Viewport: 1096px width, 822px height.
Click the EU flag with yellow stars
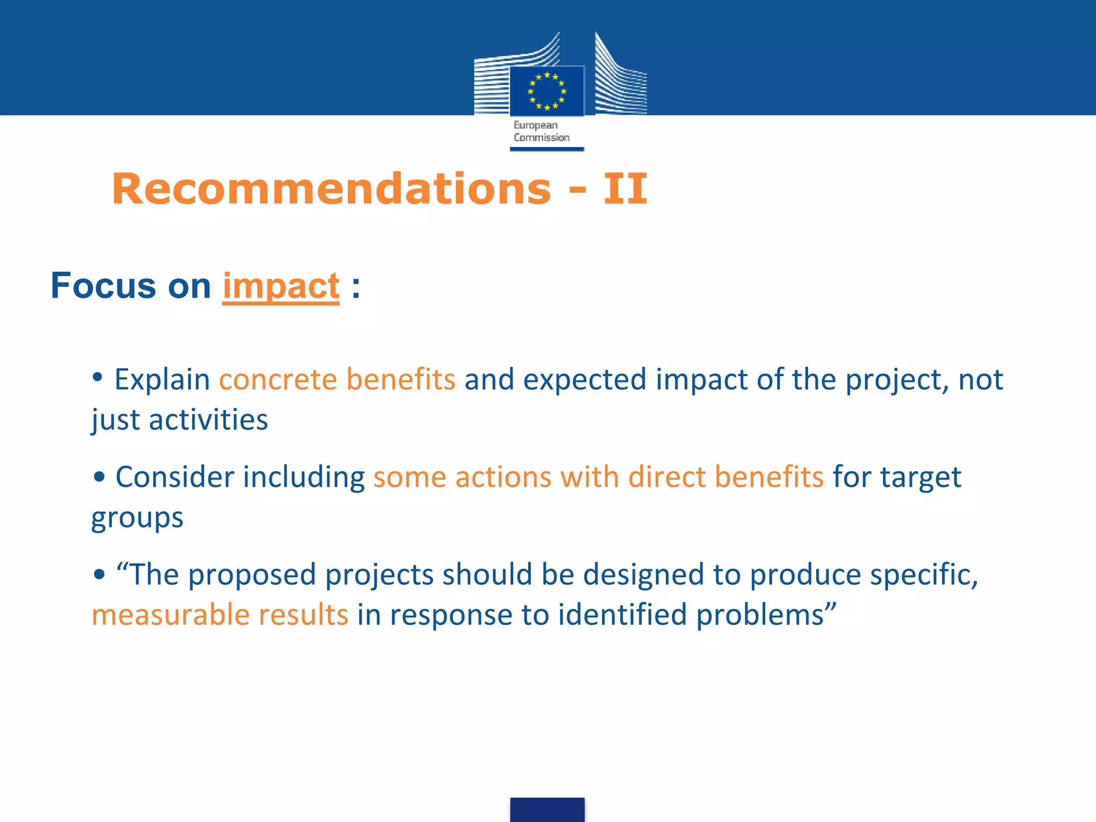coord(546,90)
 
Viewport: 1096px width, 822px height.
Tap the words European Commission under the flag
coord(541,131)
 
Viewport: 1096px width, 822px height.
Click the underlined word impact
coord(281,286)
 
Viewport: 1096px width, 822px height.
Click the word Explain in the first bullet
coord(162,380)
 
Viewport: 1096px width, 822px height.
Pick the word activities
coord(208,420)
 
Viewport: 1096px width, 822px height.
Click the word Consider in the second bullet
coord(175,477)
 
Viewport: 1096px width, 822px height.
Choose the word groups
coord(137,518)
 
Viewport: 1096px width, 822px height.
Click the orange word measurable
coord(169,614)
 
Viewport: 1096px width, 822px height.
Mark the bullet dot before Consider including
coord(98,477)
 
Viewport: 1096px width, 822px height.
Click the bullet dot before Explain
coord(97,377)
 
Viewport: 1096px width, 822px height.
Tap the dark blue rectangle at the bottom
coord(547,809)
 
